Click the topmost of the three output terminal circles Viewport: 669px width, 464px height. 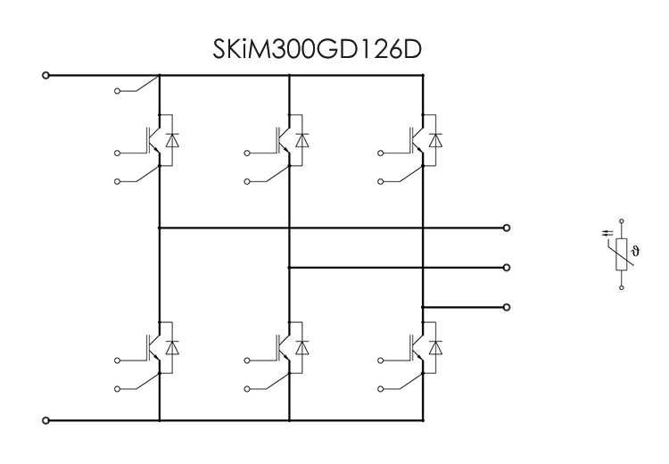pyautogui.click(x=507, y=228)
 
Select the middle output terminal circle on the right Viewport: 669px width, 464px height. pyautogui.click(x=507, y=267)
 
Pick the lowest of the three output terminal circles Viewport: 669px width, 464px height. pyautogui.click(x=507, y=307)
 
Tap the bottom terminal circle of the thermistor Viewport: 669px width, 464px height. pyautogui.click(x=621, y=286)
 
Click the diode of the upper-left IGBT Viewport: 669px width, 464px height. pyautogui.click(x=172, y=140)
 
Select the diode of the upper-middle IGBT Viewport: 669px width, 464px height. pyautogui.click(x=302, y=140)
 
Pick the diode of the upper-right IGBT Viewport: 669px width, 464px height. pyautogui.click(x=434, y=140)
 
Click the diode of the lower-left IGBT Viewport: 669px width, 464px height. pyautogui.click(x=172, y=346)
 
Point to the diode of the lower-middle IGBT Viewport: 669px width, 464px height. pyautogui.click(x=302, y=346)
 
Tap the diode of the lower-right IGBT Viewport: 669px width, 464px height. pyautogui.click(x=434, y=346)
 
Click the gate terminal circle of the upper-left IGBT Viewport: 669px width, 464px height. pyautogui.click(x=118, y=153)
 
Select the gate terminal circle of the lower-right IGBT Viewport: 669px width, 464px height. pyautogui.click(x=380, y=360)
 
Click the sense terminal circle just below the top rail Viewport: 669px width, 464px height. pyautogui.click(x=118, y=91)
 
